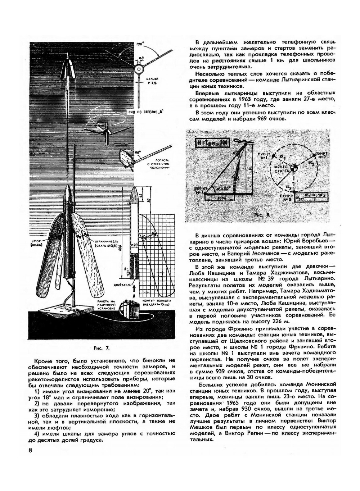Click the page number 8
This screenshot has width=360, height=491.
click(x=31, y=451)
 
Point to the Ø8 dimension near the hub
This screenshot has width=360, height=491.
click(x=141, y=58)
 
